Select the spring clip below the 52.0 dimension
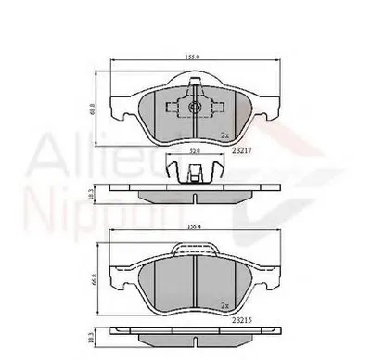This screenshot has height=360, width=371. (x=193, y=170)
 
